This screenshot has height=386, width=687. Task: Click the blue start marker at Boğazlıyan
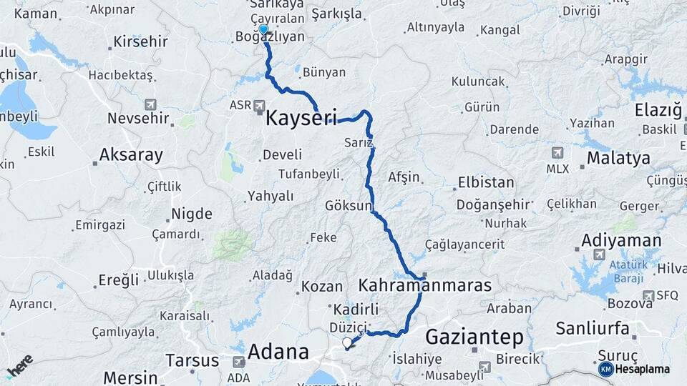pyautogui.click(x=263, y=29)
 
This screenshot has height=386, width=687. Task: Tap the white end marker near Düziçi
pyautogui.click(x=348, y=343)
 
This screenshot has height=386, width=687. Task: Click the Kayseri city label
pyautogui.click(x=301, y=118)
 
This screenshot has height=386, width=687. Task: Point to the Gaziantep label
pyautogui.click(x=474, y=336)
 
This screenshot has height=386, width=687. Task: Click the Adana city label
pyautogui.click(x=278, y=352)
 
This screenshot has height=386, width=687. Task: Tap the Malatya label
pyautogui.click(x=618, y=157)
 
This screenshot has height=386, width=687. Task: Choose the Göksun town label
pyautogui.click(x=348, y=206)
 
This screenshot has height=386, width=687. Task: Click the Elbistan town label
pyautogui.click(x=486, y=182)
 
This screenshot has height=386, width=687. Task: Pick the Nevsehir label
pyautogui.click(x=139, y=118)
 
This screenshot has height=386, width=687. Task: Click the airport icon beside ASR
pyautogui.click(x=260, y=105)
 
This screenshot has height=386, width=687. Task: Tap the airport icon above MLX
pyautogui.click(x=557, y=152)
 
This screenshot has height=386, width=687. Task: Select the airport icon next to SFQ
pyautogui.click(x=648, y=295)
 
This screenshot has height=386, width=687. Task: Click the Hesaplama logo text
pyautogui.click(x=643, y=369)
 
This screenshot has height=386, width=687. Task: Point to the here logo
pyautogui.click(x=20, y=365)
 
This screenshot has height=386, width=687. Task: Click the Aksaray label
pyautogui.click(x=131, y=154)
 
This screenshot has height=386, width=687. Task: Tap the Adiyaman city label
pyautogui.click(x=621, y=239)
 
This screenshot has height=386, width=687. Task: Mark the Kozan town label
pyautogui.click(x=322, y=286)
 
